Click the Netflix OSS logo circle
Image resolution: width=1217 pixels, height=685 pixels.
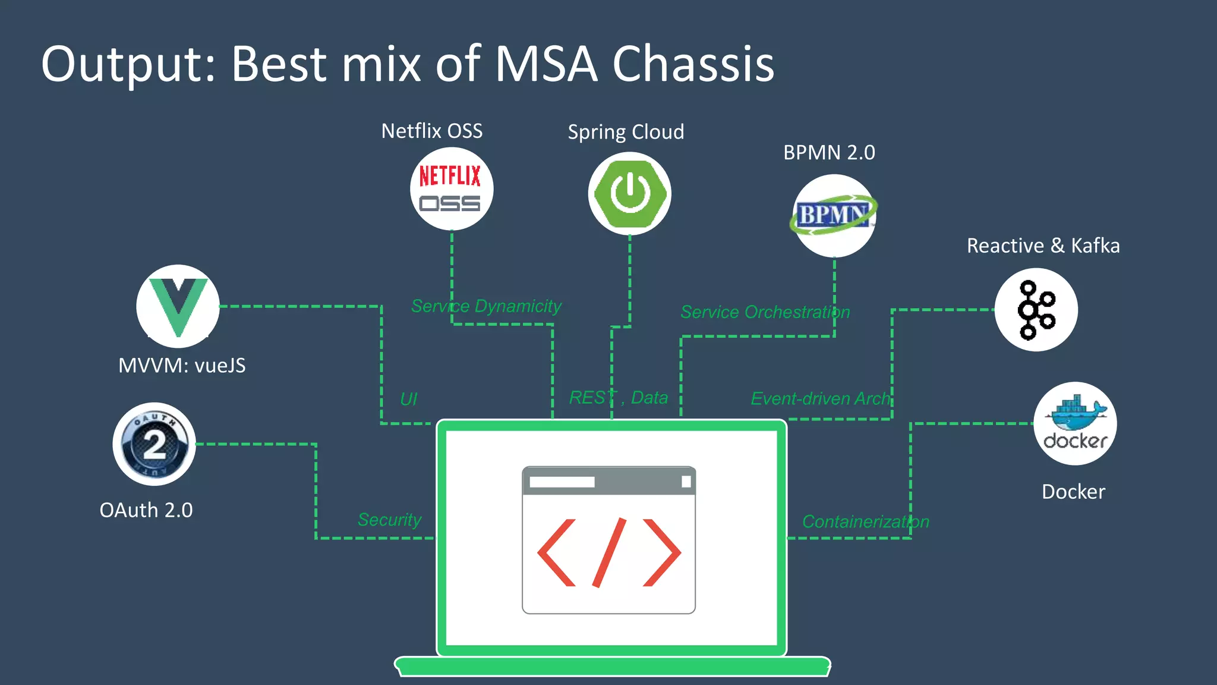click(x=452, y=189)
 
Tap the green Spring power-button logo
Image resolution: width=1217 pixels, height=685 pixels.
click(x=629, y=194)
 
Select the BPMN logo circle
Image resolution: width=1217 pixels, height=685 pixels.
click(x=834, y=215)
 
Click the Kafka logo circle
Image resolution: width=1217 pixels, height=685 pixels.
click(x=1036, y=310)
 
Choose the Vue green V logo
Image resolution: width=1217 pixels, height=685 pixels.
click(x=178, y=306)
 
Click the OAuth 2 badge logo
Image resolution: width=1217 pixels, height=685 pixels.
click(x=155, y=444)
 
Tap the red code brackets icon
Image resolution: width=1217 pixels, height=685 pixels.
click(x=608, y=552)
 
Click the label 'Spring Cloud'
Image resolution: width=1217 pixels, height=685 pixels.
click(x=626, y=132)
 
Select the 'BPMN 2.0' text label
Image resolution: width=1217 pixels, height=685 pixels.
click(x=829, y=153)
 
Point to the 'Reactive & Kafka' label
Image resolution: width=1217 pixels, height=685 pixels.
click(x=1043, y=246)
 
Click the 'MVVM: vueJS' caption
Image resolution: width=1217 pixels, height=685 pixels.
click(x=182, y=365)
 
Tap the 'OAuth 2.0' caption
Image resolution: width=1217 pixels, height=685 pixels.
click(x=146, y=510)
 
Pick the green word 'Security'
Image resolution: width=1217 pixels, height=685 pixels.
click(x=389, y=520)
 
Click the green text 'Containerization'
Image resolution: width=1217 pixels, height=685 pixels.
click(x=865, y=521)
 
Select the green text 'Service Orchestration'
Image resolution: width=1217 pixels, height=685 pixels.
click(x=765, y=312)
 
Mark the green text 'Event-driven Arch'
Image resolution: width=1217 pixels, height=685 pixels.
click(x=821, y=398)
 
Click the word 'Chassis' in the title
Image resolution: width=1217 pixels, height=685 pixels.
click(x=693, y=64)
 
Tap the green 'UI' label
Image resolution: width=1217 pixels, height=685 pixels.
click(x=409, y=399)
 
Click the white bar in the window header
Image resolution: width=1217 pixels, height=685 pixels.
click(x=562, y=482)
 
